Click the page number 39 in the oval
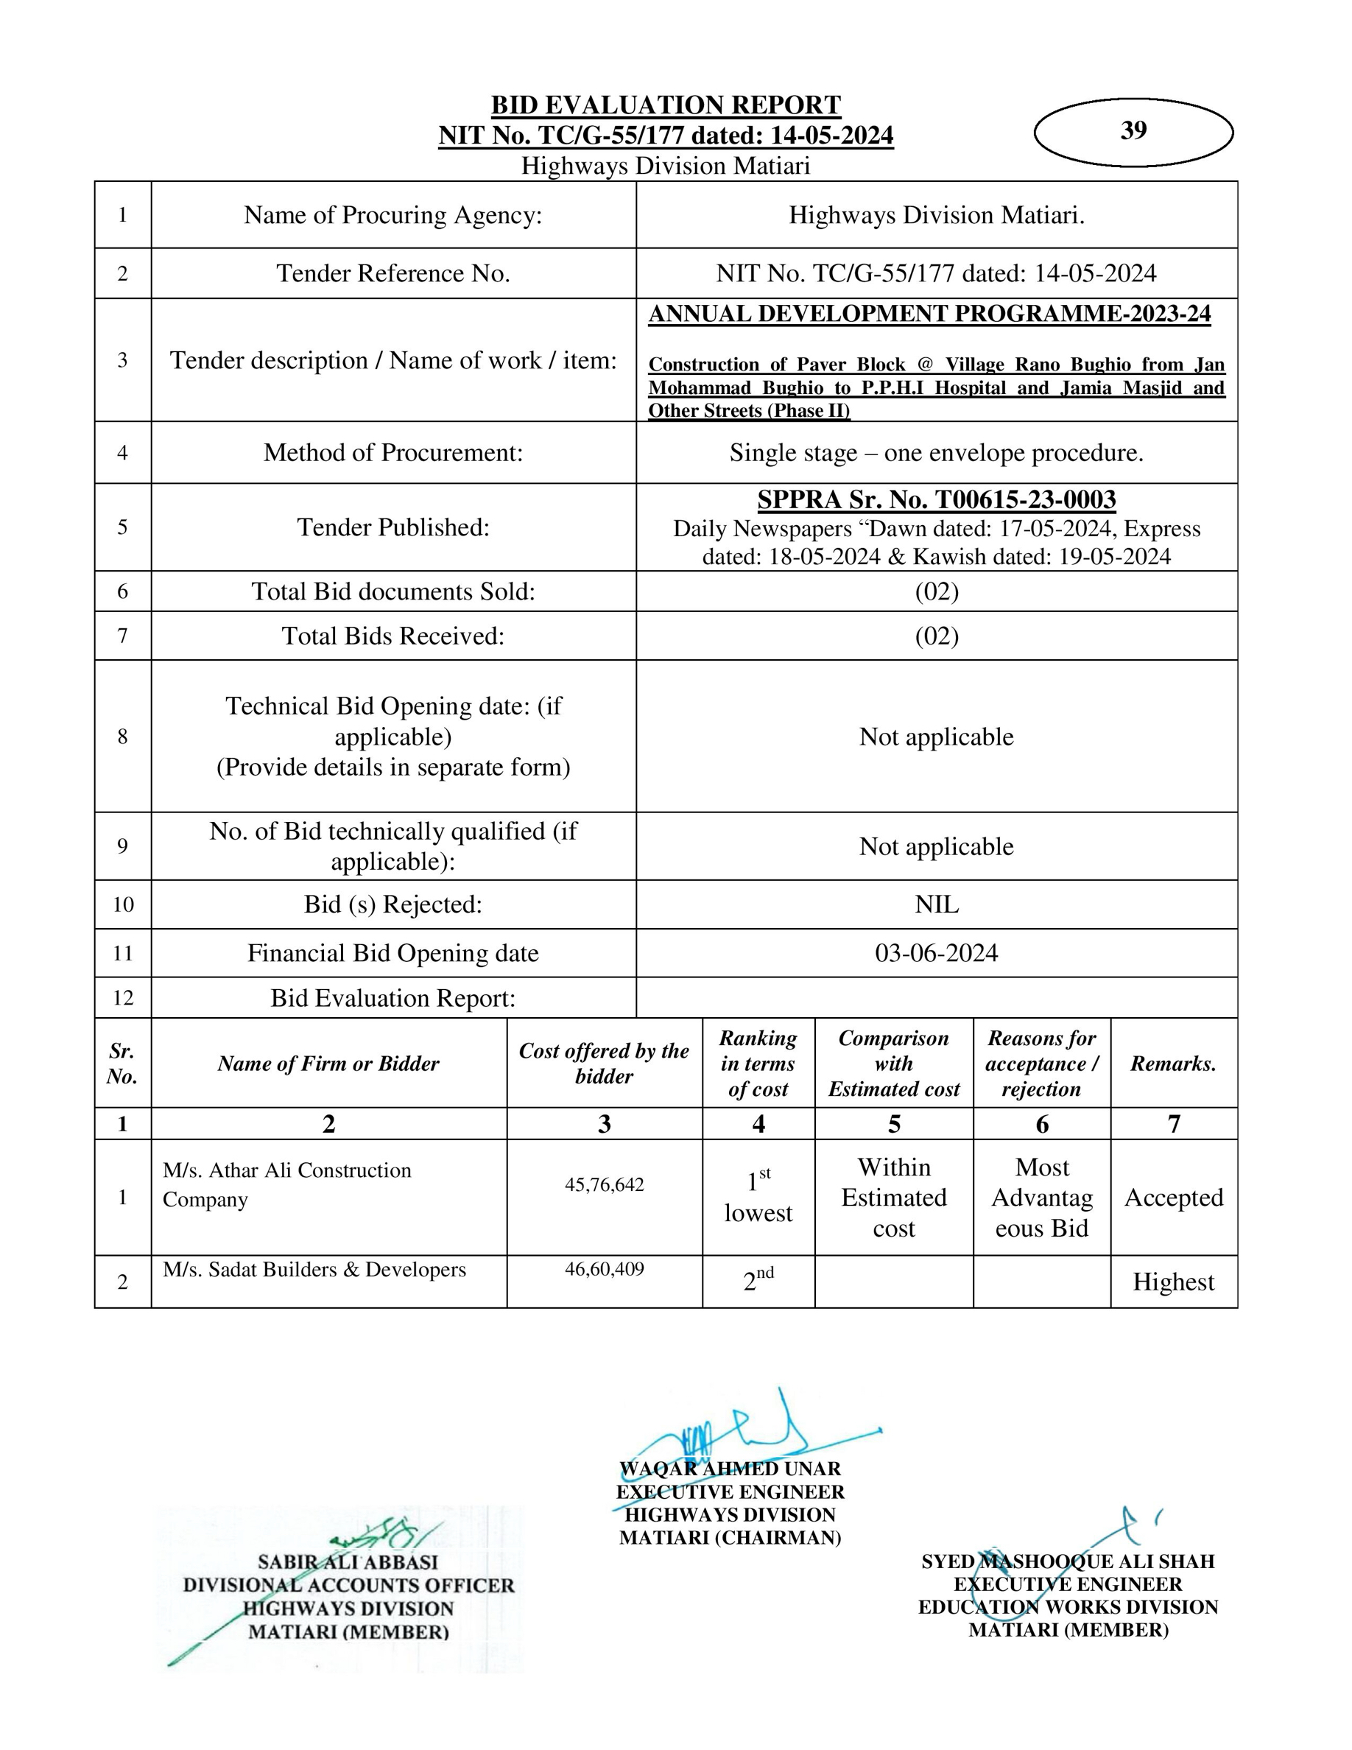[x=1133, y=130]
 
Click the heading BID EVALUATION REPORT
[x=666, y=105]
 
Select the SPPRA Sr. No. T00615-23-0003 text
[x=936, y=500]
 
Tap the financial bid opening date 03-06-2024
[x=936, y=953]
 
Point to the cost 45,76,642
[x=604, y=1185]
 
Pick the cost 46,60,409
[x=604, y=1269]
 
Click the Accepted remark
[x=1173, y=1198]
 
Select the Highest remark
[x=1173, y=1282]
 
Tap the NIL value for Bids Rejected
[x=936, y=904]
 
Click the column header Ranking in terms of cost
[x=758, y=1064]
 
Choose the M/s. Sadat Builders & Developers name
[x=314, y=1270]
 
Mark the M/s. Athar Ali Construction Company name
[x=286, y=1185]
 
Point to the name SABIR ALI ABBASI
[x=348, y=1561]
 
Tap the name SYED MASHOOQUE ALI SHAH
[x=1068, y=1561]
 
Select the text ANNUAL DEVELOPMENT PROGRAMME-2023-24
[x=929, y=314]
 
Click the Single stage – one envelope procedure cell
[x=936, y=454]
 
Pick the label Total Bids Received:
[x=392, y=636]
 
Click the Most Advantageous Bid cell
[x=1041, y=1198]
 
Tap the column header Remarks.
[x=1173, y=1064]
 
